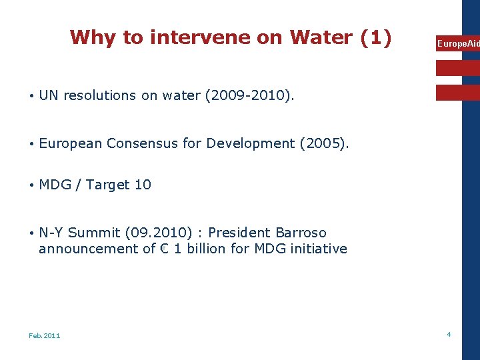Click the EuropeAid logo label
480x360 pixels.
tap(457, 44)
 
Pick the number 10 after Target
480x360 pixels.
tap(143, 185)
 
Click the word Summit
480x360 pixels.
tap(94, 233)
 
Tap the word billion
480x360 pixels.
tap(207, 249)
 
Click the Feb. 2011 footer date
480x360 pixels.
tap(44, 335)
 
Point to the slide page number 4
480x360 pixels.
tap(449, 334)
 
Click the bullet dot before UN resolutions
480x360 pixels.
tap(31, 95)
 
